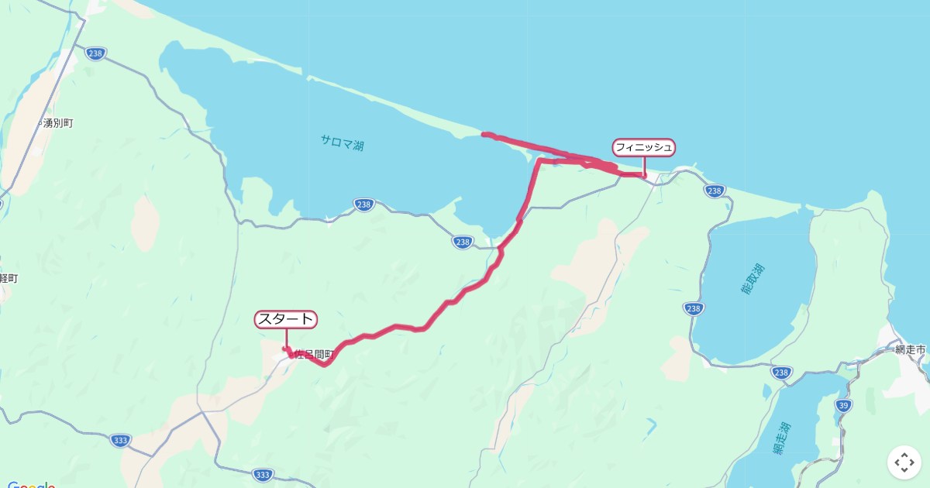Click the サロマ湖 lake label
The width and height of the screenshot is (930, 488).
[343, 142]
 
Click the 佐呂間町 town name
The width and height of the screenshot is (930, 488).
[314, 354]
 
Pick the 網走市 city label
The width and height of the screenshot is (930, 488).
[909, 350]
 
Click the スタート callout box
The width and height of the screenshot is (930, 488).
[286, 319]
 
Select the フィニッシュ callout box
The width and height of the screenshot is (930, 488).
[644, 147]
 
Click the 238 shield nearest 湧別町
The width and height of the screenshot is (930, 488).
[95, 53]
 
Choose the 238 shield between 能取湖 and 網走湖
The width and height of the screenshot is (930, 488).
[782, 373]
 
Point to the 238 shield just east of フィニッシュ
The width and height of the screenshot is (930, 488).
[715, 191]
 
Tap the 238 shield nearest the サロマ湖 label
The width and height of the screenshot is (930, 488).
[364, 204]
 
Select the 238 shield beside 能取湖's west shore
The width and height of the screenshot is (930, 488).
[694, 308]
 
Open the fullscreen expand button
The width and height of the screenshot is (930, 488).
[904, 462]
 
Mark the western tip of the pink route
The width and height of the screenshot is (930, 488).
[484, 135]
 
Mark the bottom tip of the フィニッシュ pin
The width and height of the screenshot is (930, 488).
[645, 177]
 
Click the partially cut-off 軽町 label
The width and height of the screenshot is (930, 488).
[9, 278]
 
